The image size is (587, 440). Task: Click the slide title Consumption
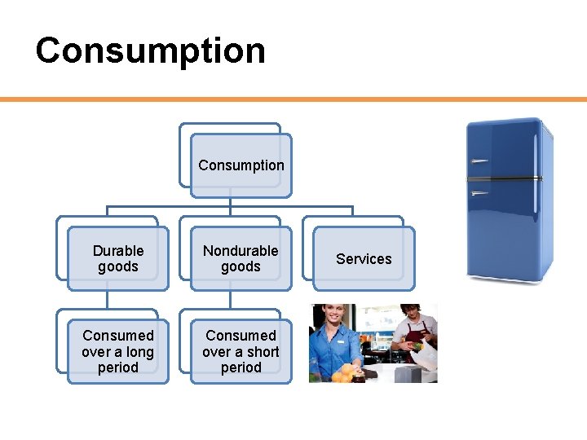pyautogui.click(x=150, y=50)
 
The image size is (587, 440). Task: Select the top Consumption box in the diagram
pyautogui.click(x=241, y=165)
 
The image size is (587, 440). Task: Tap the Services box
pyautogui.click(x=364, y=259)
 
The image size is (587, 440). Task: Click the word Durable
pyautogui.click(x=118, y=251)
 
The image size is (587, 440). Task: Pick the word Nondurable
pyautogui.click(x=241, y=251)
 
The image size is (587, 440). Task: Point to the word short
pyautogui.click(x=263, y=352)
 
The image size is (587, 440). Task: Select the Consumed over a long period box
pyautogui.click(x=117, y=351)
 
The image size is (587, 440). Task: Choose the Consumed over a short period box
pyautogui.click(x=241, y=351)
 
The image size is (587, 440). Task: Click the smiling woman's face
pyautogui.click(x=334, y=319)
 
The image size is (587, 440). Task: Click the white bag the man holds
pyautogui.click(x=424, y=355)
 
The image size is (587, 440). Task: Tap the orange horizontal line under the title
pyautogui.click(x=293, y=99)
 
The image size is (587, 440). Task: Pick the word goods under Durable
pyautogui.click(x=118, y=267)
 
